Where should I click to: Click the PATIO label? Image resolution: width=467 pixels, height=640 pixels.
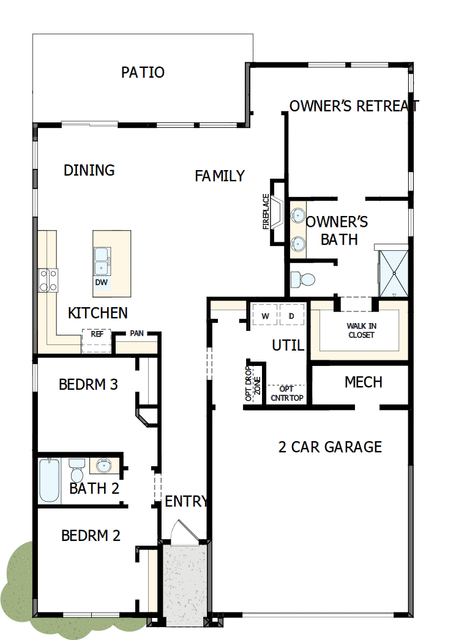tap(143, 72)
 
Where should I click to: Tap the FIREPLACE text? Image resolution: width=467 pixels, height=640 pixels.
tap(266, 211)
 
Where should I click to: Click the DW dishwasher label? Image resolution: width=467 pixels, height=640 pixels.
tap(101, 283)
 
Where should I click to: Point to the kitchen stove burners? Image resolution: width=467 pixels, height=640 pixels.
tap(48, 280)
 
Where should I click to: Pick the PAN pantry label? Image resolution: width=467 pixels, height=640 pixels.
tap(136, 333)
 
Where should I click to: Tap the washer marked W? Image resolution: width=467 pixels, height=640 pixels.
tap(265, 315)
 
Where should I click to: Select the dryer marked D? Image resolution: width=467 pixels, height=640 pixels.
tap(291, 315)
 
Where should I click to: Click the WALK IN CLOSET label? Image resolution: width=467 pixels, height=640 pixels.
tap(361, 330)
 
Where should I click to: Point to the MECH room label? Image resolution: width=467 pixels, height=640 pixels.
tap(364, 382)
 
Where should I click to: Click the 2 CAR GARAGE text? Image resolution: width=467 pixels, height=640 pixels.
tap(330, 447)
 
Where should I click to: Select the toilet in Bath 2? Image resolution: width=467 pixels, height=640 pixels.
tap(77, 470)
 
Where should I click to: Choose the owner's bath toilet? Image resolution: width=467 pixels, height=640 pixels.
tap(302, 280)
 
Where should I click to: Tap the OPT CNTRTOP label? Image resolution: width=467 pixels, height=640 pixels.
tap(286, 393)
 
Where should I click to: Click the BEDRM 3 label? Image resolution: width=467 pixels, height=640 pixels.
tap(88, 385)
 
